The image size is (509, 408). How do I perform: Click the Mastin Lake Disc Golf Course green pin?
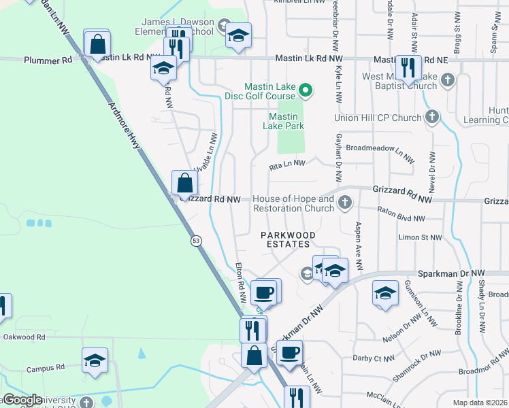[x=306, y=89]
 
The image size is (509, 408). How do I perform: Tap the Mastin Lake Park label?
[x=284, y=121]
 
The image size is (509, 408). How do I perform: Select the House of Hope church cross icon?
[x=346, y=202]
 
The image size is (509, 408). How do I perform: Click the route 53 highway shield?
[x=196, y=241]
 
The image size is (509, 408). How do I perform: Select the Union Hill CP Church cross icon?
[x=431, y=118]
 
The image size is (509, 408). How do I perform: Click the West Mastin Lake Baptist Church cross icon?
[x=447, y=80]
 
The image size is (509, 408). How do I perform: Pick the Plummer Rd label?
[x=48, y=60]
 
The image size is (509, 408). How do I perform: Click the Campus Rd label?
[x=46, y=369]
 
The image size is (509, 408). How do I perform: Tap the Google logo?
[x=22, y=400]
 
